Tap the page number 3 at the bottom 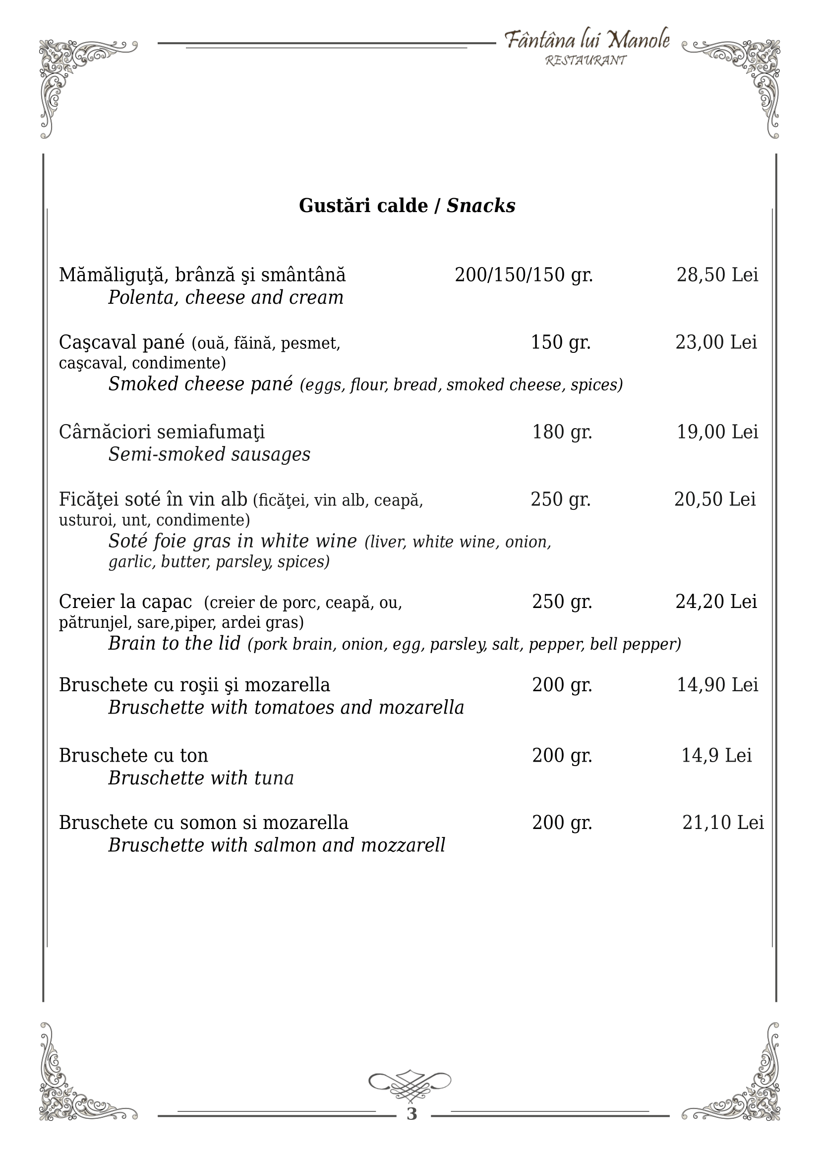(x=411, y=1113)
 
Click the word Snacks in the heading (x=481, y=206)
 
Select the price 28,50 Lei (x=717, y=275)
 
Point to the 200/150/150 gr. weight (x=524, y=275)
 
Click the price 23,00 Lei (x=716, y=342)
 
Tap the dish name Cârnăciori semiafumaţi (x=162, y=432)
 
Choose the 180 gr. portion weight (x=562, y=432)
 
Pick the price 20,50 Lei (x=715, y=499)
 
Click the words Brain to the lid (x=175, y=643)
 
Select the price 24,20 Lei (x=716, y=601)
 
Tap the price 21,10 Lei (x=723, y=823)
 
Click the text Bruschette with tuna (x=201, y=778)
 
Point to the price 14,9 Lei (x=716, y=755)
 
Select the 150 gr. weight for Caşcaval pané (x=561, y=342)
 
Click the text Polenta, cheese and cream (x=226, y=298)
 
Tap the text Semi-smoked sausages (x=209, y=454)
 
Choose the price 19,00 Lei (x=717, y=432)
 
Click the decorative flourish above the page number (x=410, y=1085)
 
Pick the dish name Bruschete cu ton (x=133, y=755)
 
